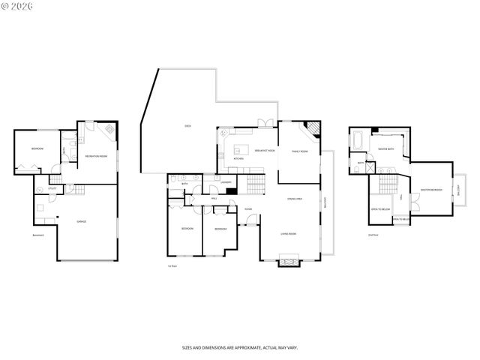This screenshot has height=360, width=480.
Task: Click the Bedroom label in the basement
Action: pos(37,149)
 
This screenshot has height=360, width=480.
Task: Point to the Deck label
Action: pos(188,125)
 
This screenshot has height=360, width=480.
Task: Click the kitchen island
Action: pos(241,148)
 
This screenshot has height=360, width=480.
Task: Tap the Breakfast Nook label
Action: pos(265,150)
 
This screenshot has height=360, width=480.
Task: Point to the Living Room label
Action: pos(289,235)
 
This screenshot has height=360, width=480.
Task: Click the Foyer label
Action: pos(247,209)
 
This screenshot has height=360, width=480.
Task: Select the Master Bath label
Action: pos(386,149)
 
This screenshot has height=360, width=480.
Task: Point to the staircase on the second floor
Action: pos(388,184)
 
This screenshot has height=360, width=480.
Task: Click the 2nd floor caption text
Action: pos(373,235)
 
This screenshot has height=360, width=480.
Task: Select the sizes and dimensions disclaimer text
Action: pos(239,348)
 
